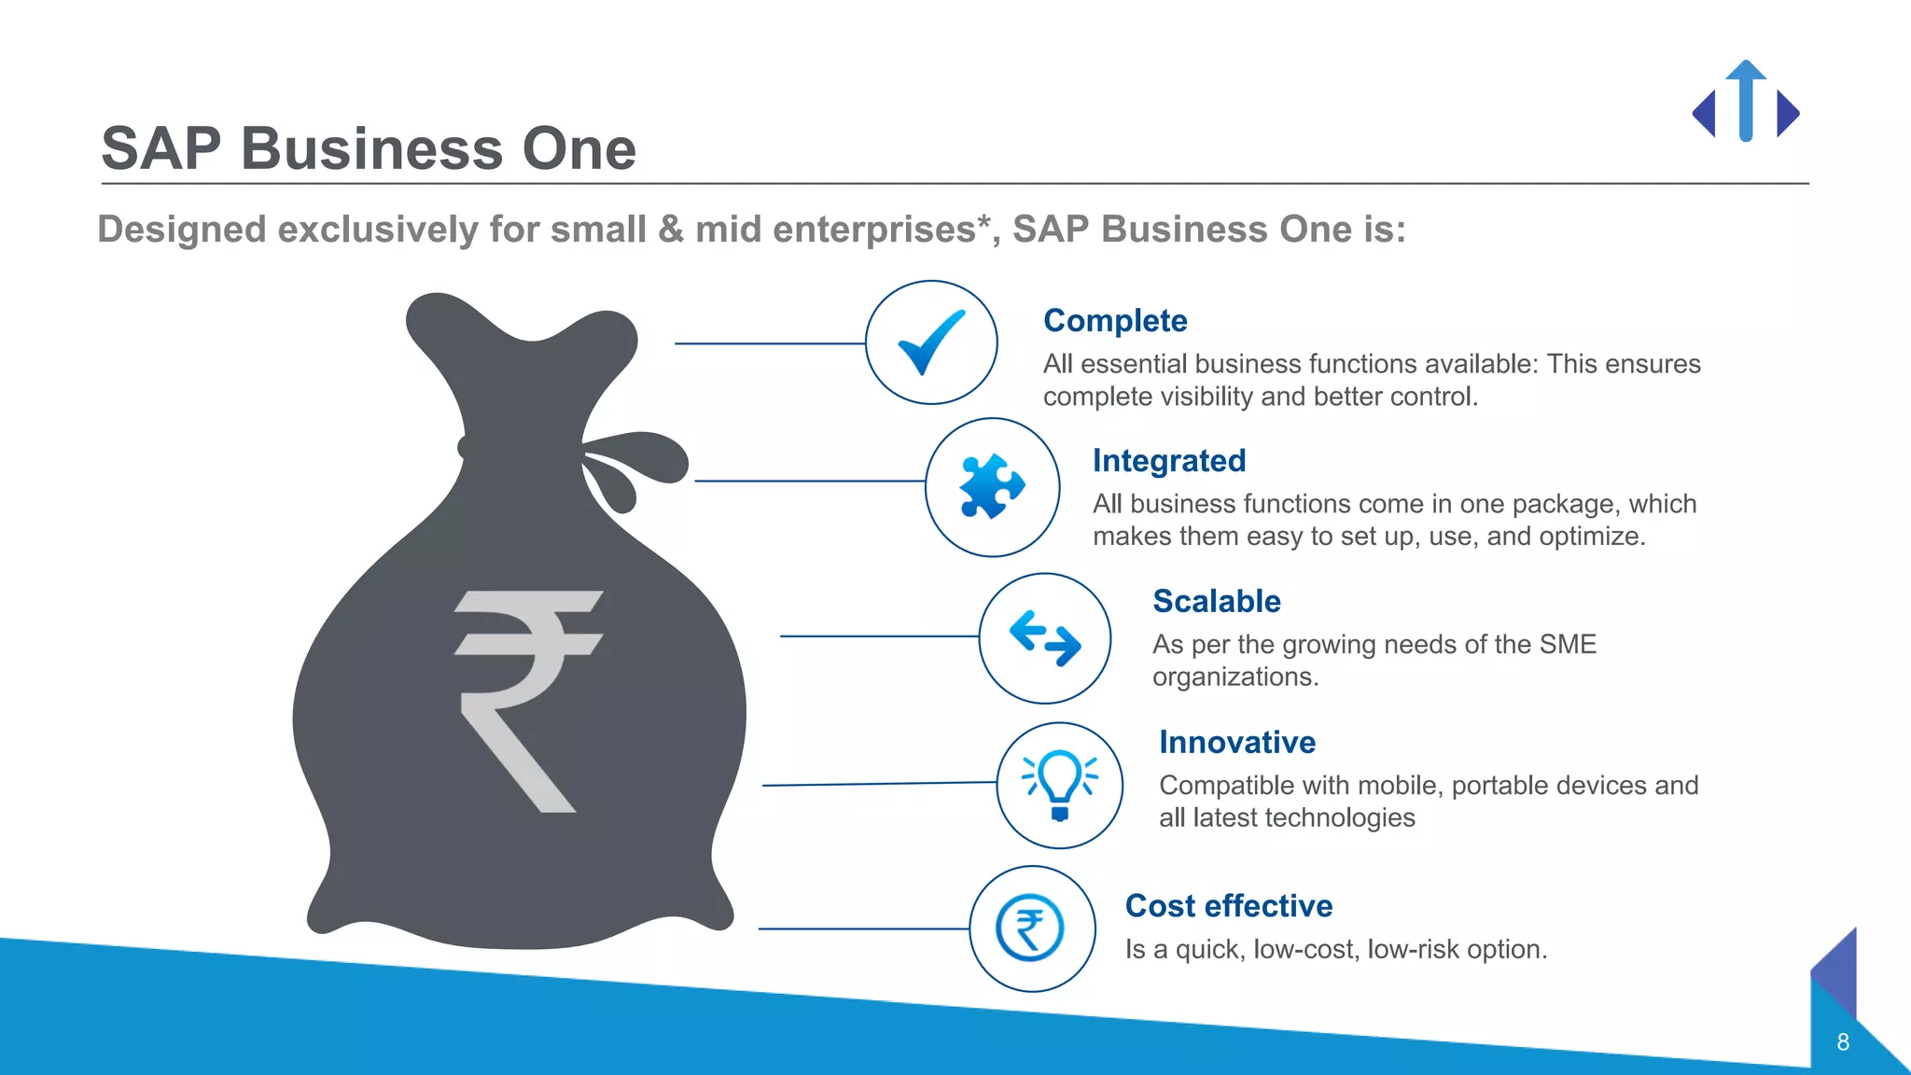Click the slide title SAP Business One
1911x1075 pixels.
tap(369, 148)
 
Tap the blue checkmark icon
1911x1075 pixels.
tap(931, 342)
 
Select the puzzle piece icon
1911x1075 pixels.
tap(992, 486)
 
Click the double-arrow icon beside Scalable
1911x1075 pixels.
tap(1045, 638)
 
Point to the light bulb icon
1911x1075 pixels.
tap(1060, 785)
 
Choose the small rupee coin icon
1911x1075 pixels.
tap(1030, 928)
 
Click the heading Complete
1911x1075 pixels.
tap(1115, 321)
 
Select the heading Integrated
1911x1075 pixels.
tap(1169, 461)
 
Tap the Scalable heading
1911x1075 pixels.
tap(1217, 602)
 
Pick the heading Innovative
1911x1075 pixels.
tap(1237, 743)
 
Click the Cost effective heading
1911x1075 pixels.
tap(1229, 906)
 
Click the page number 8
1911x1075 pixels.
tap(1843, 1042)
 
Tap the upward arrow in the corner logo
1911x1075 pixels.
tap(1746, 98)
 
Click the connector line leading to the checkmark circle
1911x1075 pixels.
tap(770, 343)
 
